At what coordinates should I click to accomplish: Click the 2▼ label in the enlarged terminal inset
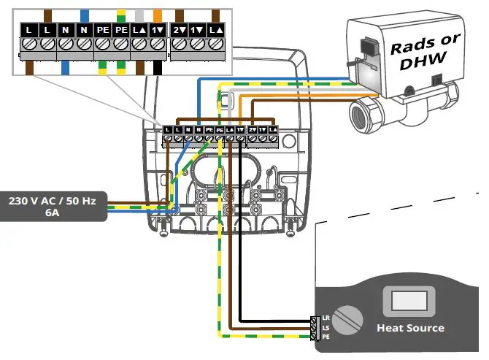coord(179,30)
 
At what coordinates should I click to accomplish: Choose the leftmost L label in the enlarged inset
coord(28,30)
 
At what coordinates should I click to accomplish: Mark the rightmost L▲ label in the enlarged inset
coord(215,30)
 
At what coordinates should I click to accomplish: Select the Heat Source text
coord(409,328)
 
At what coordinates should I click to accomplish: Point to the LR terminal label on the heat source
coord(326,319)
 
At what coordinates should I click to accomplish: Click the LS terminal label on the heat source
coord(326,328)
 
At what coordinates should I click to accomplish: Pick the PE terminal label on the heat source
coord(326,337)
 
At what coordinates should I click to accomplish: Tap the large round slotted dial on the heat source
coord(348,319)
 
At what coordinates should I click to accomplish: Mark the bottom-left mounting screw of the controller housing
coord(163,226)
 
